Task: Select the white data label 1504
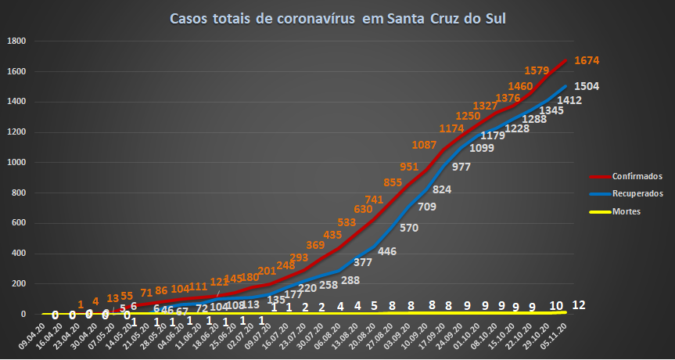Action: [587, 86]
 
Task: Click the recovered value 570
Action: [409, 229]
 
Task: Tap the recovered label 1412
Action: [568, 100]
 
